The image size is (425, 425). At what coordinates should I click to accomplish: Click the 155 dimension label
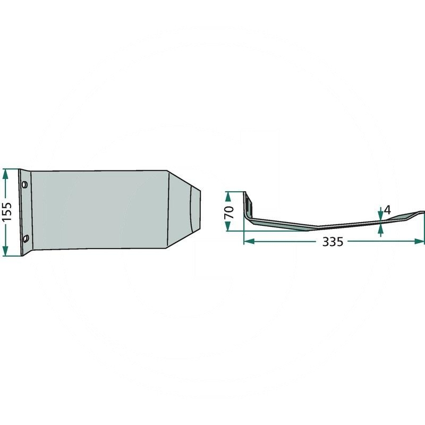click(7, 211)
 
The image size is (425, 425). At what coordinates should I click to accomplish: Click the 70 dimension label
click(229, 212)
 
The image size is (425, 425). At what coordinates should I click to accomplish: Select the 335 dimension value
click(333, 242)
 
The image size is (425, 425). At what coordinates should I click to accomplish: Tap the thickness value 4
click(388, 210)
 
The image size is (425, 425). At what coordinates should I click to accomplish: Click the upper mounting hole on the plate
click(25, 184)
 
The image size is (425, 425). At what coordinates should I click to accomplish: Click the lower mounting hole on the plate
click(25, 239)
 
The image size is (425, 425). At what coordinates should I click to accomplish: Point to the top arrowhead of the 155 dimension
click(5, 174)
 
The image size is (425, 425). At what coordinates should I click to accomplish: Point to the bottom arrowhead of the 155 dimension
click(5, 251)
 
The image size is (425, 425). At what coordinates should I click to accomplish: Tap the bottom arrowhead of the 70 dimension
click(228, 226)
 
